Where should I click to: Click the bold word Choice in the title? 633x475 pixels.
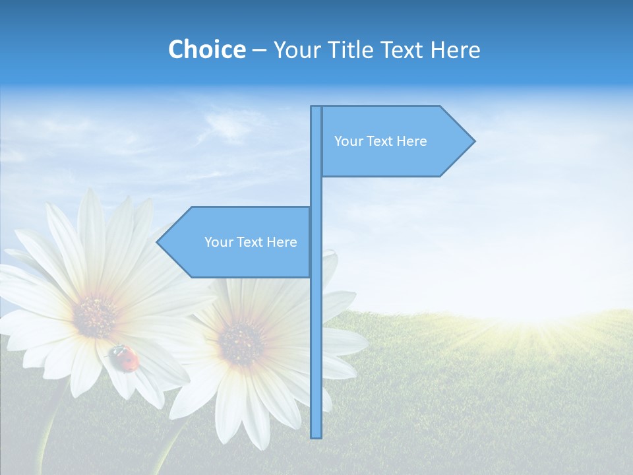coord(206,49)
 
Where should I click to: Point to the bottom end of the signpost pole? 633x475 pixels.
coord(316,435)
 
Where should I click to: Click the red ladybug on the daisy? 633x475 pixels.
coord(125,358)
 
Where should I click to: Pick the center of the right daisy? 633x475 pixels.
coord(241,343)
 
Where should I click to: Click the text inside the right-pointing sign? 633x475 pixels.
coord(380,141)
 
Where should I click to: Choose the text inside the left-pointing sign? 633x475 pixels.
coord(251,242)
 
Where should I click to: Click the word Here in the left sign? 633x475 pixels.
coord(282,242)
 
